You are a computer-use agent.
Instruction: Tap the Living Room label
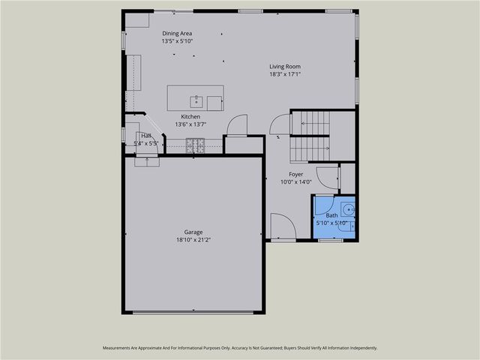click(x=285, y=66)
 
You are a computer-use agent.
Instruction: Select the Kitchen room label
click(x=190, y=116)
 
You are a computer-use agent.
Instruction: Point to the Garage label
click(x=193, y=232)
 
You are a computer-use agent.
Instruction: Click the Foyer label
click(x=295, y=173)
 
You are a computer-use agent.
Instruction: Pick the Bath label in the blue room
click(x=331, y=215)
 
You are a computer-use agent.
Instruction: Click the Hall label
click(x=147, y=136)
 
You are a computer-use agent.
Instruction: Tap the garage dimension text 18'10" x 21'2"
click(x=193, y=240)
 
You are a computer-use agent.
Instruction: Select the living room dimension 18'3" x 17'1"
click(x=285, y=74)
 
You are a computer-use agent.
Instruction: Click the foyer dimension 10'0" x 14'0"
click(x=295, y=181)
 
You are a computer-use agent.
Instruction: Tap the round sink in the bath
click(x=348, y=211)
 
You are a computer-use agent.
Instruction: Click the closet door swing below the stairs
click(x=237, y=125)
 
